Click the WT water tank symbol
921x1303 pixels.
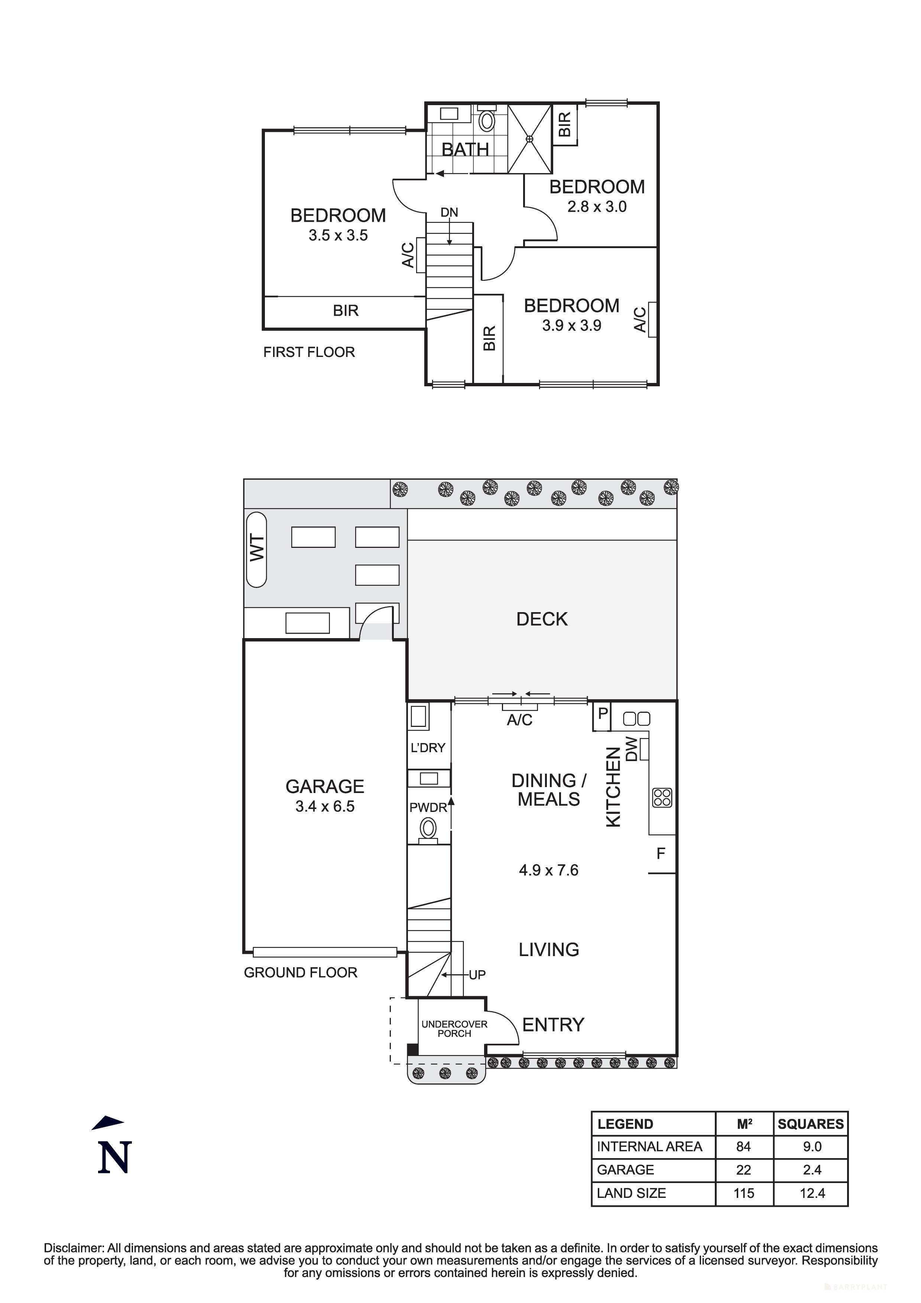click(x=256, y=549)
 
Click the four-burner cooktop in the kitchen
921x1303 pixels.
click(x=662, y=798)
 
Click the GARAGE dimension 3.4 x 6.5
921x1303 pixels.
click(x=325, y=806)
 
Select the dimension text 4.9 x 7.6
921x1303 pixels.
click(x=548, y=870)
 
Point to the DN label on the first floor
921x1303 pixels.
click(x=449, y=212)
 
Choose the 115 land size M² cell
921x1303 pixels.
click(x=743, y=1193)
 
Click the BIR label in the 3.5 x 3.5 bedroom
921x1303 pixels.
click(x=346, y=311)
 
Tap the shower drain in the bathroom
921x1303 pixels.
click(x=529, y=139)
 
